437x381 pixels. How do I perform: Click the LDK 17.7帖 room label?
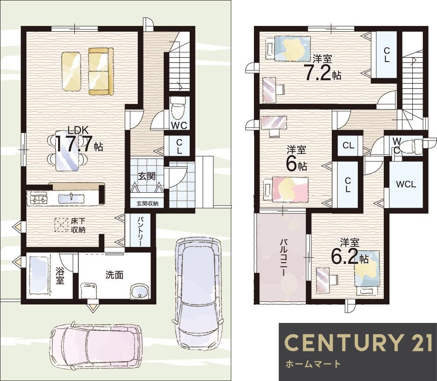coord(79,139)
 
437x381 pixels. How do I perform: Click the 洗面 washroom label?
coord(114,275)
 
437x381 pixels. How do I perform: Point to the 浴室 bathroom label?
coord(60,275)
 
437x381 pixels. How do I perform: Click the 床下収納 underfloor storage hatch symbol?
coord(61,225)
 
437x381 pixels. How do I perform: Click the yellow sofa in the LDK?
coord(101,71)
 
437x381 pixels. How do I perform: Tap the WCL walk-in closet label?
coord(406,184)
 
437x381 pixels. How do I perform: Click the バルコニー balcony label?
coord(283,256)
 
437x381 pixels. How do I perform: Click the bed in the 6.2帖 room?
coord(367,271)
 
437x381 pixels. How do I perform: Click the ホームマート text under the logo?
coord(313,364)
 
